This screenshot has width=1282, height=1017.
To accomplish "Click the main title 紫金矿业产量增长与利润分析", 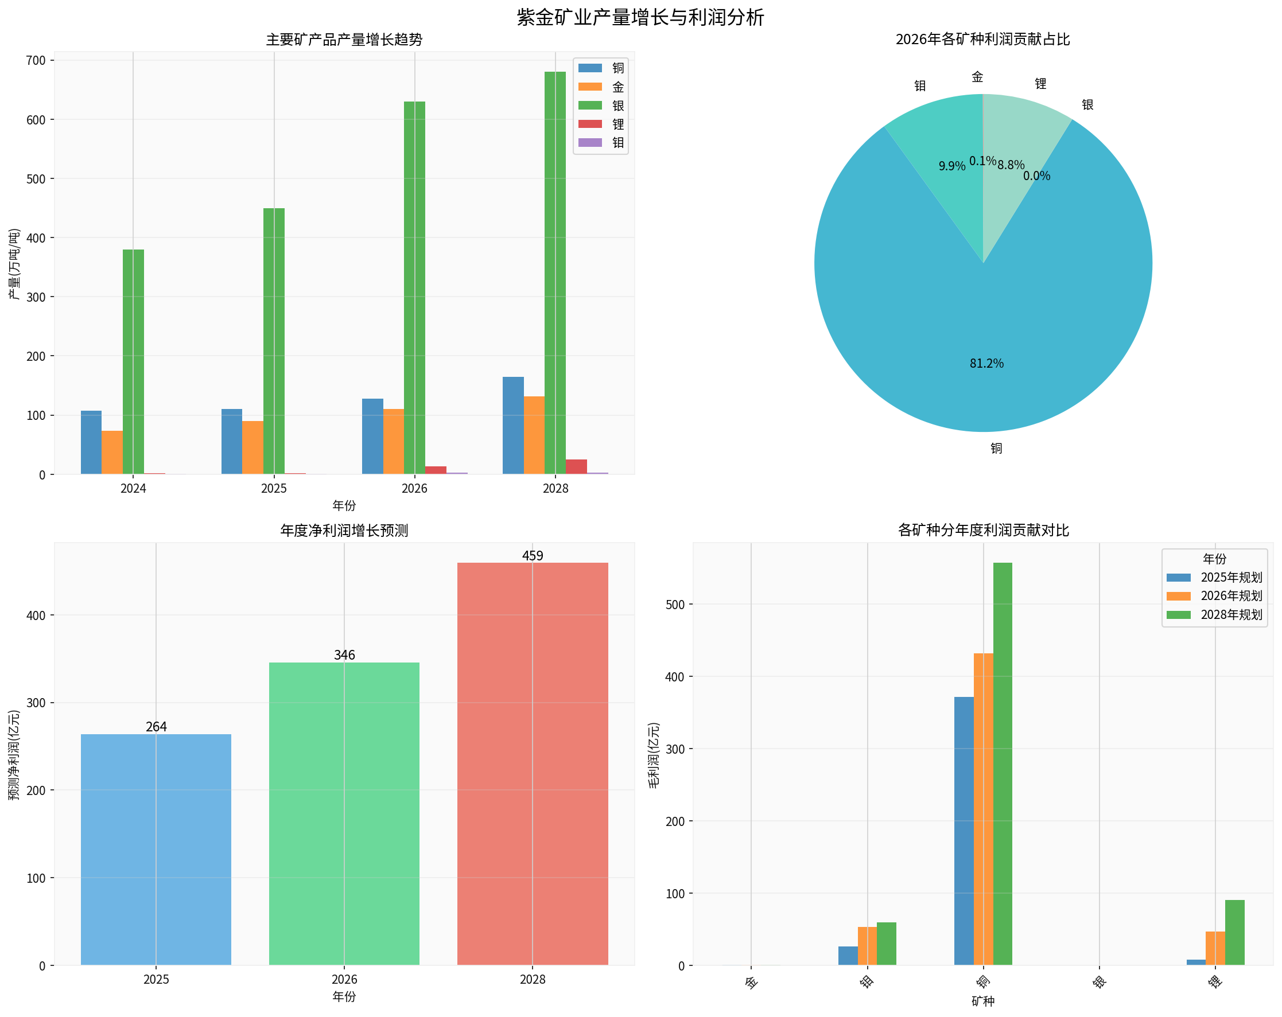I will point(640,17).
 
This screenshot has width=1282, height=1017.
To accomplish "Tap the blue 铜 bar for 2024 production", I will point(91,442).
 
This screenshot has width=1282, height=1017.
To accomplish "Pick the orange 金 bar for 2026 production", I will point(393,442).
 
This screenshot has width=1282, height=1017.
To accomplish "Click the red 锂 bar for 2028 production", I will point(576,466).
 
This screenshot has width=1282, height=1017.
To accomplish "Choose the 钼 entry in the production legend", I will point(601,143).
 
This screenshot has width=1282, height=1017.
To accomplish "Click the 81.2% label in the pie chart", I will point(986,363).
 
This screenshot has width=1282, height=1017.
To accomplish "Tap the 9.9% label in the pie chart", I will point(952,166).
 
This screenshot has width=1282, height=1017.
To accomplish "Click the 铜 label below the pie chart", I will point(997,448).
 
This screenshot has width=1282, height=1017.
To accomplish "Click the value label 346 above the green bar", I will point(344,655).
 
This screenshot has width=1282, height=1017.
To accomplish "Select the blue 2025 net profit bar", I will point(156,850).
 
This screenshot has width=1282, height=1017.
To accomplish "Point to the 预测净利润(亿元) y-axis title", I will point(14,755).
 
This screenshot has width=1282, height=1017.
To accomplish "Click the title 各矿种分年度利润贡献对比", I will point(983,530).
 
